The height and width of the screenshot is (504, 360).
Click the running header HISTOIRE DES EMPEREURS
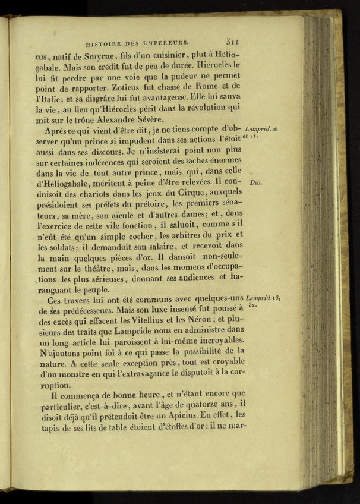point(137,43)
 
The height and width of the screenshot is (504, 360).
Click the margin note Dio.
point(257,182)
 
